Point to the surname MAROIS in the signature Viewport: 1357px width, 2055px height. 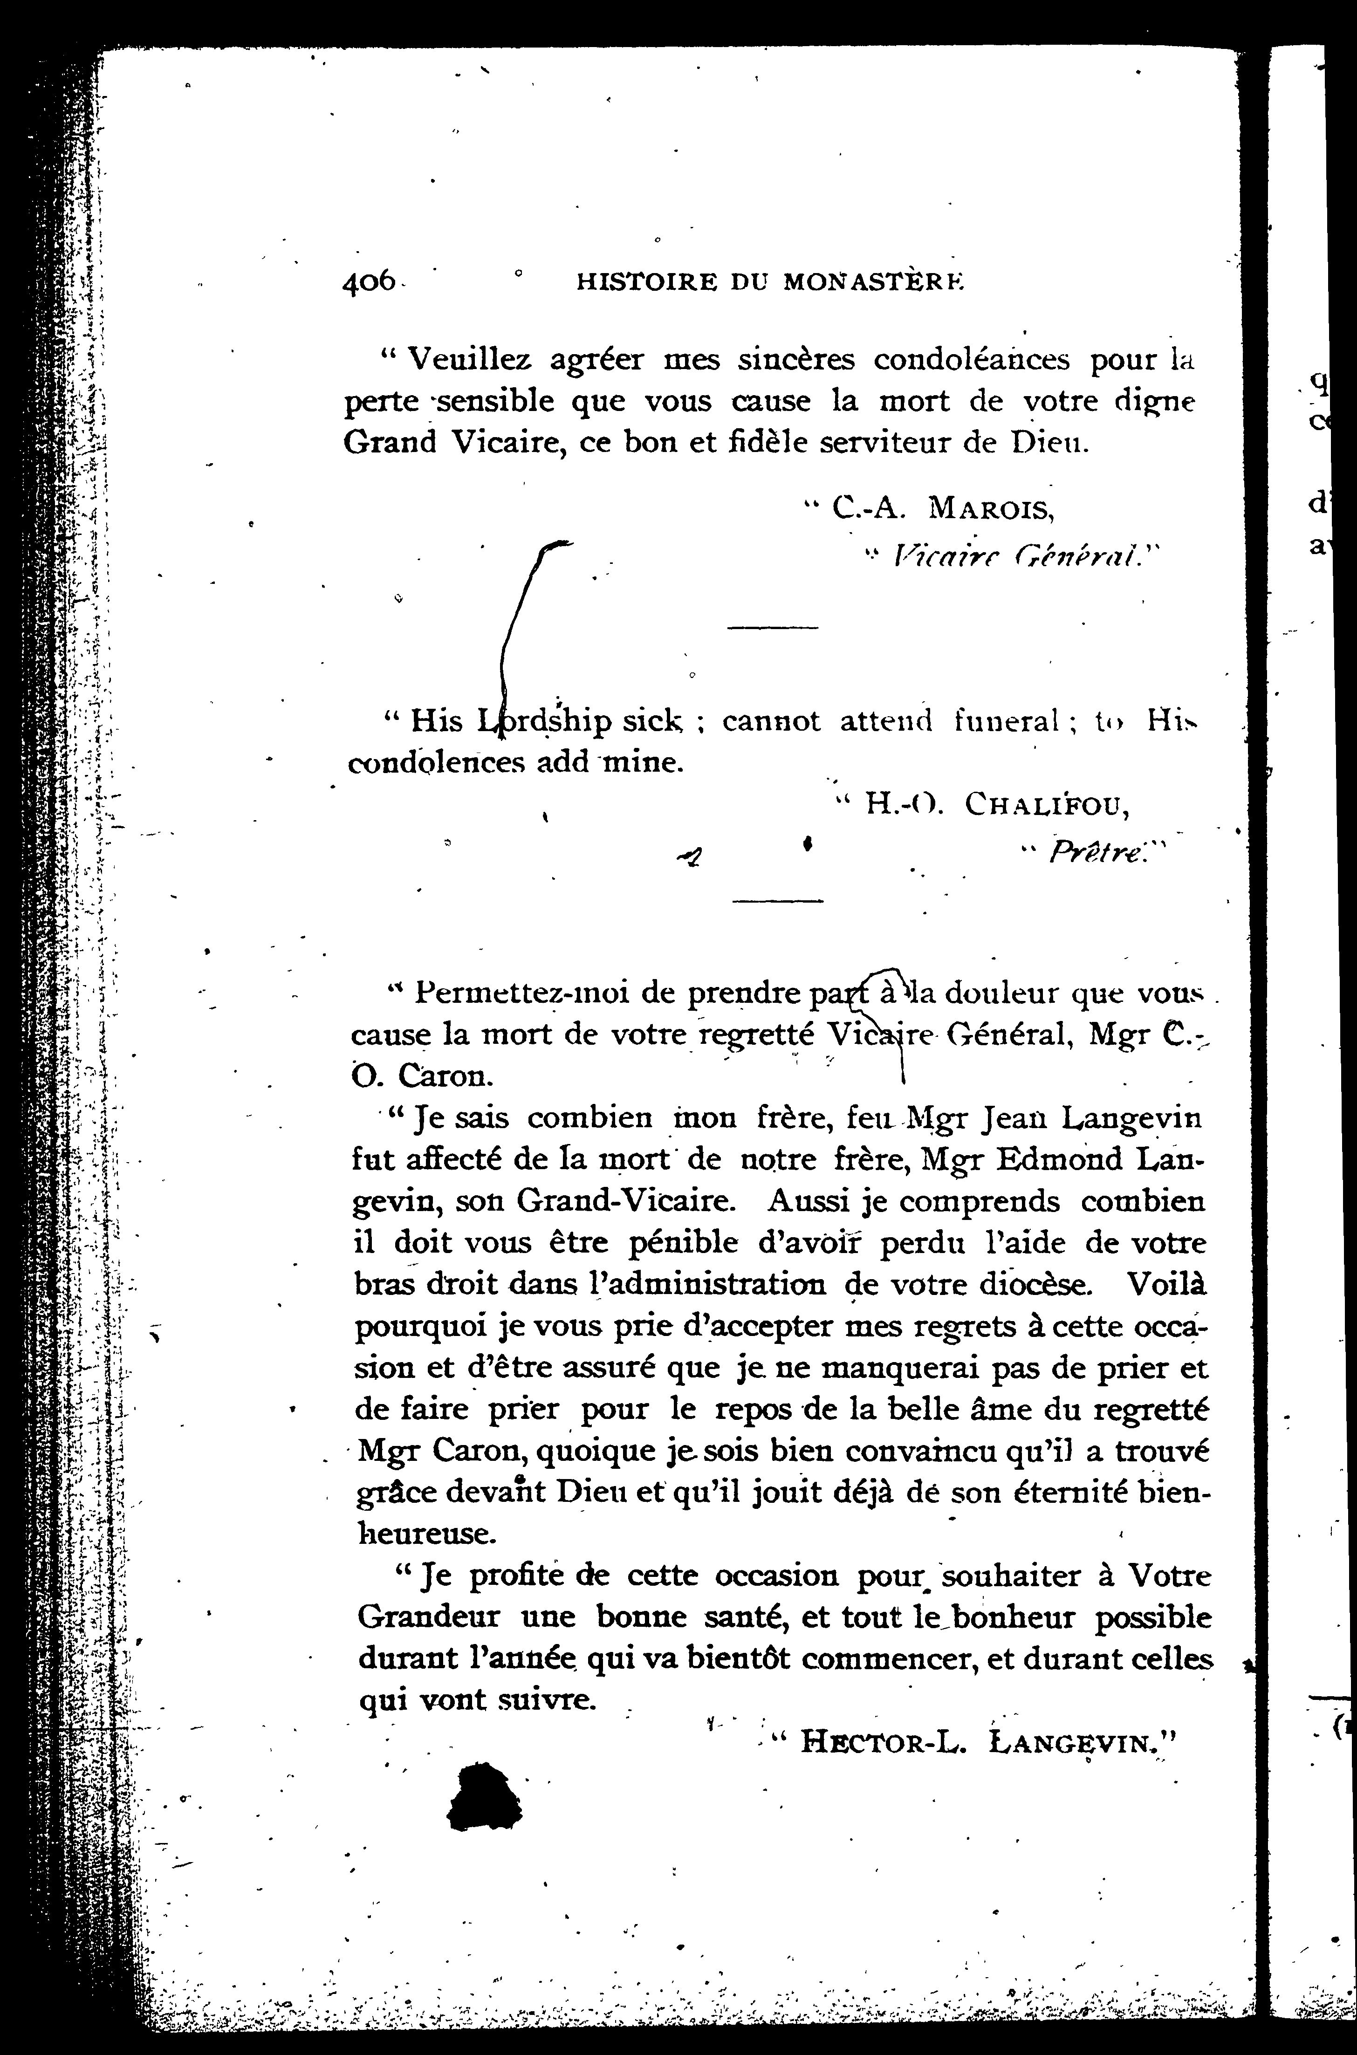[x=991, y=507]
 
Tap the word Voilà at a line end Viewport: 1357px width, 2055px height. [x=1166, y=1284]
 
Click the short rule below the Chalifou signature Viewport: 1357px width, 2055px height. [x=777, y=903]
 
